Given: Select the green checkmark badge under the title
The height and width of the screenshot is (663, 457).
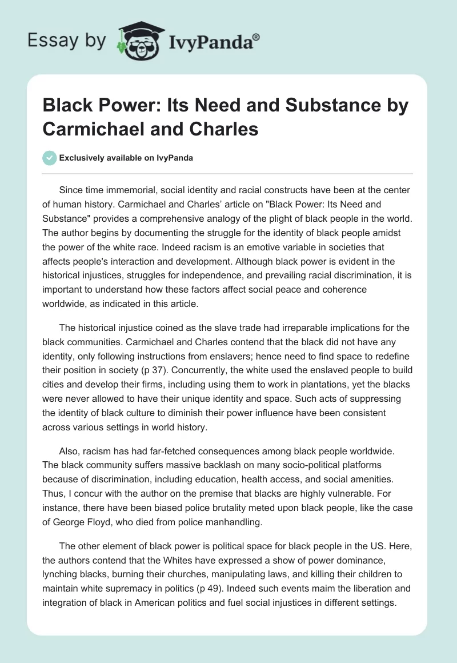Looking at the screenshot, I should tap(50, 158).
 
